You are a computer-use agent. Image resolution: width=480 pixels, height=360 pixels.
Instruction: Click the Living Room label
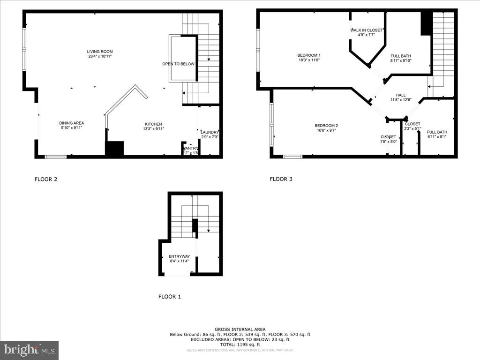[99, 52]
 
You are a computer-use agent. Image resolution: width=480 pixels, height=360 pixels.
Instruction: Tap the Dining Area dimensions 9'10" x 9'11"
[72, 128]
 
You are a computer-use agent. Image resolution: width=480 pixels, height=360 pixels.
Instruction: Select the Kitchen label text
[153, 124]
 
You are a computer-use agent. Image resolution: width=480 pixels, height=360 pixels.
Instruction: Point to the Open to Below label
[178, 64]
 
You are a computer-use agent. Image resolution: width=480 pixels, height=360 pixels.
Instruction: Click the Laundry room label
[210, 132]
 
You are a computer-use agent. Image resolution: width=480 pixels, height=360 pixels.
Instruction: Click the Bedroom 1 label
[309, 55]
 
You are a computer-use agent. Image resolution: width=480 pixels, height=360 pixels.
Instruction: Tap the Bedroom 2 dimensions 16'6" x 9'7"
[326, 131]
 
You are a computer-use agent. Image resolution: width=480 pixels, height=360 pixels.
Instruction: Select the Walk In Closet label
[366, 30]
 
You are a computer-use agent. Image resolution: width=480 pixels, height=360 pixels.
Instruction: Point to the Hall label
[401, 95]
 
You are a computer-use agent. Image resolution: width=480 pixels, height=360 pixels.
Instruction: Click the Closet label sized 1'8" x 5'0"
[388, 137]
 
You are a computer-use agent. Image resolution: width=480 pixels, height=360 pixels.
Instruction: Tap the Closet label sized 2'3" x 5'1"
[412, 124]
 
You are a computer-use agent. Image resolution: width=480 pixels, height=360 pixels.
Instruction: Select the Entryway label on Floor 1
[179, 256]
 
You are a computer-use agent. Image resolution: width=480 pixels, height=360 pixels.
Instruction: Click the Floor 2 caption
[46, 179]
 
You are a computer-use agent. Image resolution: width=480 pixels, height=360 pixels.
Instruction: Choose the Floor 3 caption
[281, 179]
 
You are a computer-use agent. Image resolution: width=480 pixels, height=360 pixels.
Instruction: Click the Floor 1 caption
[169, 297]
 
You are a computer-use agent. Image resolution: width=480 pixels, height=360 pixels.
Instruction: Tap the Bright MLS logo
[30, 350]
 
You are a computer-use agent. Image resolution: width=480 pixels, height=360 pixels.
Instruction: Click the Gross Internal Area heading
[240, 330]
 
